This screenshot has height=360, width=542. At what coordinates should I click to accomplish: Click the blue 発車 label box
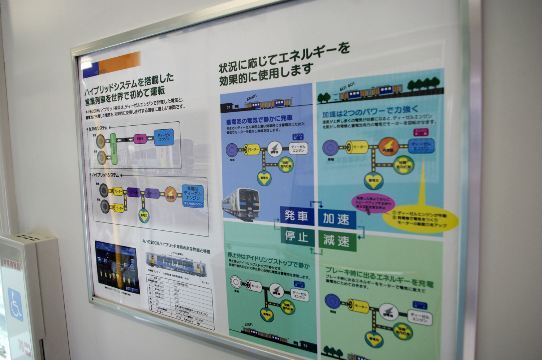296,216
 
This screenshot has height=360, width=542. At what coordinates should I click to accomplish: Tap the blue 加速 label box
336,219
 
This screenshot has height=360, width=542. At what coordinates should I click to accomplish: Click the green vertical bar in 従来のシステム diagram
113,148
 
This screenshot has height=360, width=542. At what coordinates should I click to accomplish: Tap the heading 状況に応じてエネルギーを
284,57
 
